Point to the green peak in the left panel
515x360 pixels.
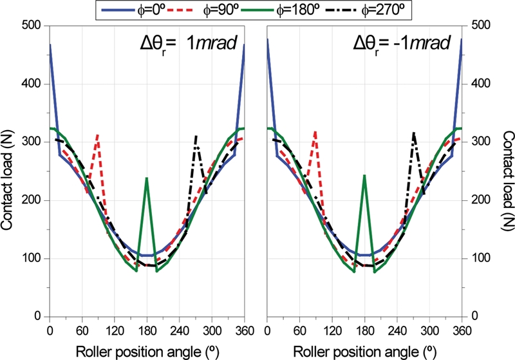pos(147,178)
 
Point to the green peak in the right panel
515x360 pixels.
pos(364,175)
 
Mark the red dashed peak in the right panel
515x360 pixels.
pos(315,131)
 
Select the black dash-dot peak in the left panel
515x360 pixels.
pos(196,137)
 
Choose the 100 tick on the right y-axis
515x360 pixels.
pos(476,259)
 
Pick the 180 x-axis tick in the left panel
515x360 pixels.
pos(147,330)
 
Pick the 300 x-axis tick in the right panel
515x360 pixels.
pos(429,330)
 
